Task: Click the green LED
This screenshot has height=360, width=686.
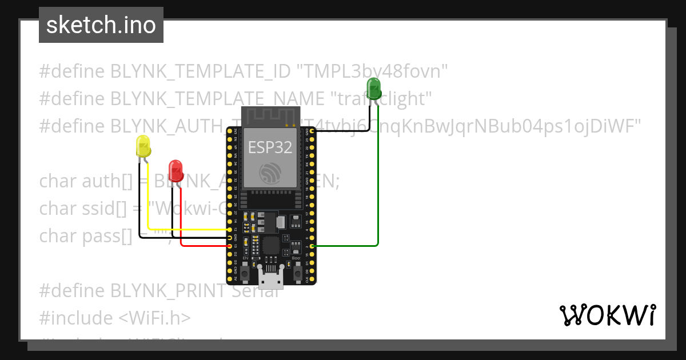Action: (374, 89)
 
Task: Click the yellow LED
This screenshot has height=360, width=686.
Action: (143, 147)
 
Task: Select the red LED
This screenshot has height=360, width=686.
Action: (176, 171)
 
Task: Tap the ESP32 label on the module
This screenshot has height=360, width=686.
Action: (270, 147)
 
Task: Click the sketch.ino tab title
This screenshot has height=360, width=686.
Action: (101, 25)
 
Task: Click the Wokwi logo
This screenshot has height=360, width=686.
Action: (607, 315)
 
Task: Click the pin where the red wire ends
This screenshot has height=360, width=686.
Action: (230, 246)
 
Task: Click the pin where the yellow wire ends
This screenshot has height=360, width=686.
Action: (230, 230)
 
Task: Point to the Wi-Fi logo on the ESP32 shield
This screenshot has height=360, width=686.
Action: (270, 173)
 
